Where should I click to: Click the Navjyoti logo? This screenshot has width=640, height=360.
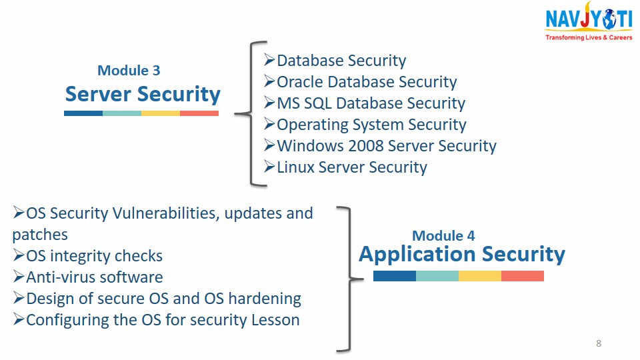point(589,21)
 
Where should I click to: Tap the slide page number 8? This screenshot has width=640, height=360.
point(599,343)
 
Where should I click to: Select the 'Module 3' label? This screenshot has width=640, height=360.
point(129,70)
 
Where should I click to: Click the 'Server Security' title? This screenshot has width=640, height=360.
point(143,94)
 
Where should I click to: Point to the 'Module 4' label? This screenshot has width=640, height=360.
point(443,235)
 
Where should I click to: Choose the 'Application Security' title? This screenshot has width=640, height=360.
point(462,254)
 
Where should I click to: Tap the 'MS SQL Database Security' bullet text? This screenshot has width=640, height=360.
point(371,103)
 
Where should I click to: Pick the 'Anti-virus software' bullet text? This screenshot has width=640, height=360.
point(95,277)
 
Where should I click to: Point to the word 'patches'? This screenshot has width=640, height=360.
point(40,235)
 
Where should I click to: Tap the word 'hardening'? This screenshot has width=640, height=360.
point(265,299)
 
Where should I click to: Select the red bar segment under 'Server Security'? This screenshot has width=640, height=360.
point(199,113)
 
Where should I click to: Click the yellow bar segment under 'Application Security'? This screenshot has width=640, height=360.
point(480,276)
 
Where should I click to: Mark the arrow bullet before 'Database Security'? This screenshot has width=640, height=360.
point(269,59)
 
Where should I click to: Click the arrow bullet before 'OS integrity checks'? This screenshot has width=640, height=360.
point(19,255)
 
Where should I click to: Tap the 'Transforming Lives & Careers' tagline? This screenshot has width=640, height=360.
point(589,37)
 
